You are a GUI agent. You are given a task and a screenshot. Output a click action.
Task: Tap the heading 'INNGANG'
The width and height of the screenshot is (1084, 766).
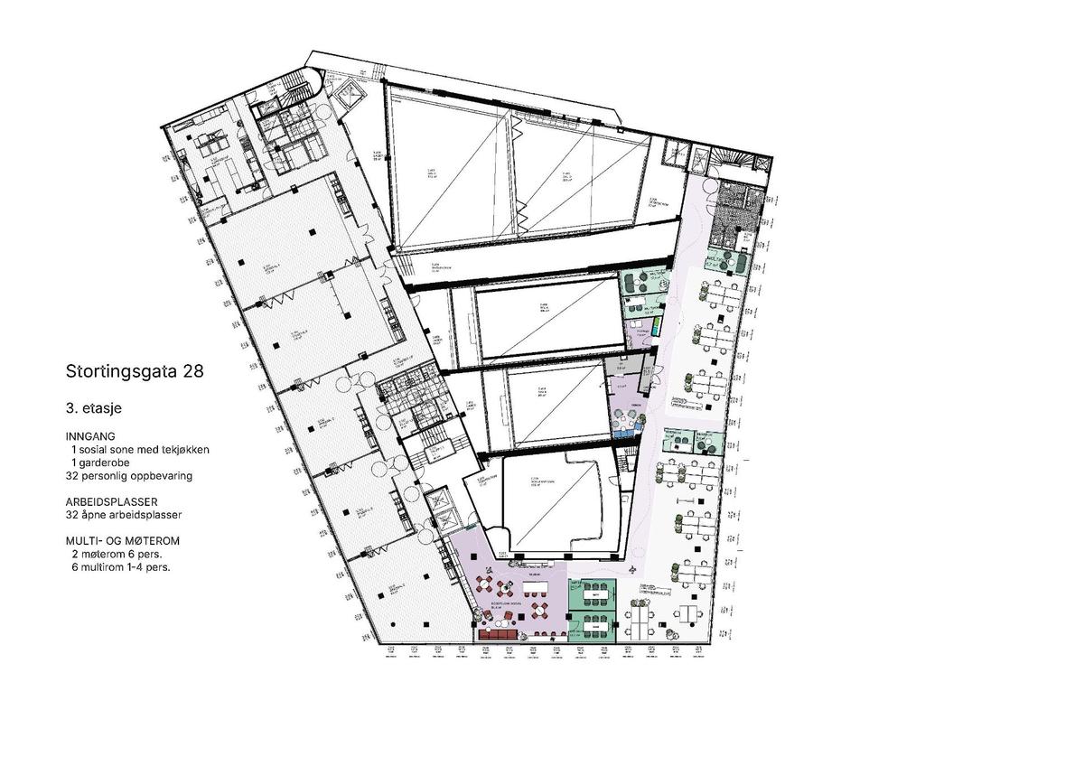[91, 435]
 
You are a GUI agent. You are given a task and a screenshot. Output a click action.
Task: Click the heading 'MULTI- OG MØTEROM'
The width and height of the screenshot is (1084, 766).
[123, 540]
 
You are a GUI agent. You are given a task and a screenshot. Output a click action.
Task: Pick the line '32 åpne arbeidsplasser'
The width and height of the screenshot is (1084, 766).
[124, 515]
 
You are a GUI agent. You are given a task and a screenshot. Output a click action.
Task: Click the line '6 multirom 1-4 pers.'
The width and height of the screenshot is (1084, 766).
[120, 568]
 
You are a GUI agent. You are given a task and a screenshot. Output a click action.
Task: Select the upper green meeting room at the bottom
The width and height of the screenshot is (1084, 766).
[593, 595]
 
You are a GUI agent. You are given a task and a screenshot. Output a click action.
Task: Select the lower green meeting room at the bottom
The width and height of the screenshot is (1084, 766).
[593, 625]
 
